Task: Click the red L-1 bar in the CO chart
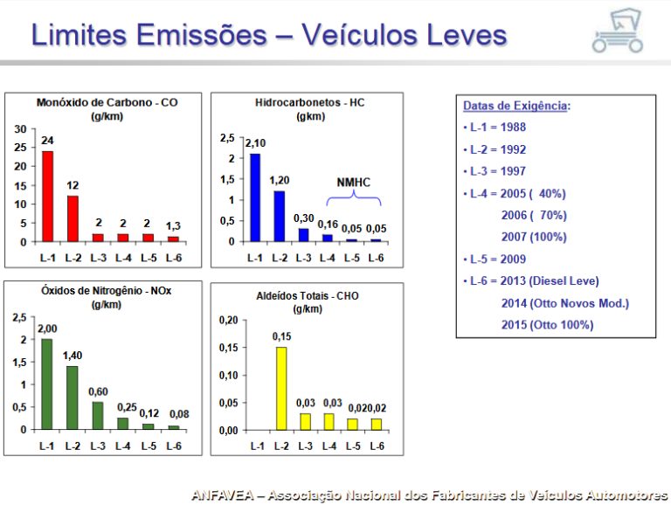click(47, 196)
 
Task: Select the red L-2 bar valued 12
click(73, 218)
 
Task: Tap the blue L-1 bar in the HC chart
click(255, 197)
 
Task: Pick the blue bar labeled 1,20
click(280, 216)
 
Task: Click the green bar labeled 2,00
click(47, 384)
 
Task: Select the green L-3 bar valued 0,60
click(98, 415)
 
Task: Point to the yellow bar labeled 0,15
click(280, 388)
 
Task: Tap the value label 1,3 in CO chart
click(174, 226)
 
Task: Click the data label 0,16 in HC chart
click(328, 225)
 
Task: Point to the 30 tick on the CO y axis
click(20, 128)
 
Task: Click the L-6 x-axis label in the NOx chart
click(174, 446)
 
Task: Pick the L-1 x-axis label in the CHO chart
click(256, 446)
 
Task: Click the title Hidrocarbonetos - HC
click(310, 103)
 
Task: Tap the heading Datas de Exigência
click(515, 106)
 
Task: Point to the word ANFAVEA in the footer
click(223, 495)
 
